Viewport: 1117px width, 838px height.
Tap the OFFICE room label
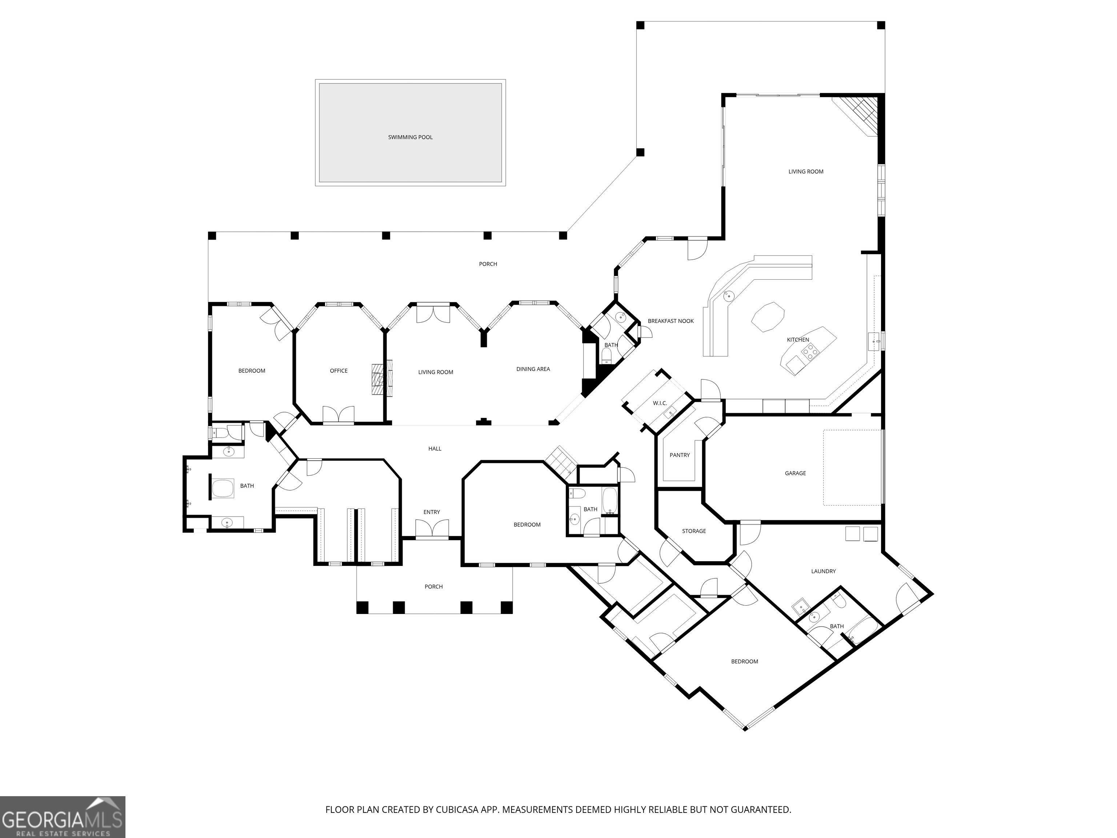(x=339, y=371)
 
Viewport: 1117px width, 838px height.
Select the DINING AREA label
(x=533, y=369)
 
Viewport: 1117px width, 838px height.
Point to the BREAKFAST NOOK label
(x=670, y=321)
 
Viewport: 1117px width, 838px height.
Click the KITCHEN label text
(x=798, y=340)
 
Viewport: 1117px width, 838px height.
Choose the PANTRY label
(x=680, y=455)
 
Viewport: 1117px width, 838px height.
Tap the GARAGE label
(x=795, y=473)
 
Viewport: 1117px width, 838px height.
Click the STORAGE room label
(x=694, y=531)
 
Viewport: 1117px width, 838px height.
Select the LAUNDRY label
(x=823, y=571)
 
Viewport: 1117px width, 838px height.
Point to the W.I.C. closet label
(x=660, y=403)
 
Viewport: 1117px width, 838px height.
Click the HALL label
(x=435, y=448)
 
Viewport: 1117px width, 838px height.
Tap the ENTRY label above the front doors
(x=432, y=512)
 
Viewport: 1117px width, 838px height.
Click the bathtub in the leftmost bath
(x=222, y=488)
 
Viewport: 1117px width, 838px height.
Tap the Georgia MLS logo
(x=63, y=817)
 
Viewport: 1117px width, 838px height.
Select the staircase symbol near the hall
(x=561, y=461)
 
